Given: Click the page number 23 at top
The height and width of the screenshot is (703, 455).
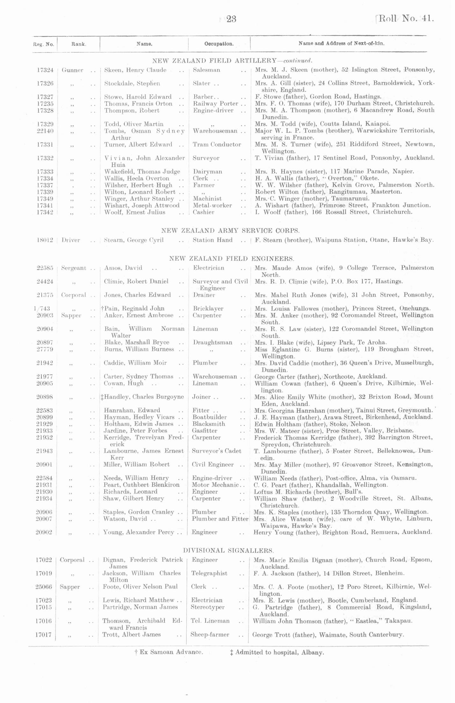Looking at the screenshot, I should pyautogui.click(x=231, y=19).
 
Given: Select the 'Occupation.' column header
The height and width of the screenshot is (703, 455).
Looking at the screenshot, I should pyautogui.click(x=219, y=44).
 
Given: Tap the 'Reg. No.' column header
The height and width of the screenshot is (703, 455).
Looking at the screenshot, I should pyautogui.click(x=43, y=44).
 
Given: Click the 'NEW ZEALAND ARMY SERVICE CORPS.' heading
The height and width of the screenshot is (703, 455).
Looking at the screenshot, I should pyautogui.click(x=230, y=231).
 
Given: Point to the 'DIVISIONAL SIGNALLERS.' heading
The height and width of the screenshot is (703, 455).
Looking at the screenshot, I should pyautogui.click(x=228, y=550).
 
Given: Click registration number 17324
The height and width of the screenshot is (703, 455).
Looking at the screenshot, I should pyautogui.click(x=45, y=70).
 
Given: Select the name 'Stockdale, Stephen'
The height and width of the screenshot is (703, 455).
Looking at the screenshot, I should pyautogui.click(x=132, y=84).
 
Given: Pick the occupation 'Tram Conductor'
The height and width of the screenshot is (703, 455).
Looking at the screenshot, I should pyautogui.click(x=217, y=144).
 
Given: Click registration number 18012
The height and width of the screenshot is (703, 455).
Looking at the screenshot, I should pyautogui.click(x=45, y=240).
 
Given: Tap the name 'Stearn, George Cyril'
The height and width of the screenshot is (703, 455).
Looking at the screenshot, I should pyautogui.click(x=134, y=240).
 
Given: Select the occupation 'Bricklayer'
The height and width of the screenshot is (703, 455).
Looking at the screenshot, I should pyautogui.click(x=208, y=309).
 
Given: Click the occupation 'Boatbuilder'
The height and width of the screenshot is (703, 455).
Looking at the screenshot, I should pyautogui.click(x=209, y=417).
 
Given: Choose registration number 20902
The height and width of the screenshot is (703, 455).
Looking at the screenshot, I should pyautogui.click(x=44, y=532).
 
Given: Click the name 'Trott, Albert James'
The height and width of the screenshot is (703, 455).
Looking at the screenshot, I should pyautogui.click(x=131, y=634).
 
